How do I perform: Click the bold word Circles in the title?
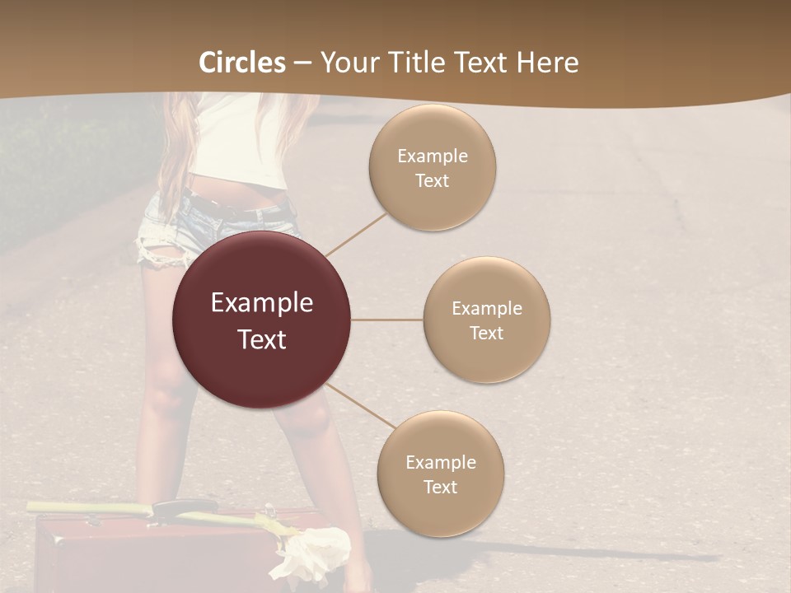point(242,63)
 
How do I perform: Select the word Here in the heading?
point(547,63)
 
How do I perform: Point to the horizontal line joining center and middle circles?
point(386,320)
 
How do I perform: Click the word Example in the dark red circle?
point(261,303)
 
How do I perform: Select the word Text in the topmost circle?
point(432,181)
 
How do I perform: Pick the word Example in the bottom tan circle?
point(440,462)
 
